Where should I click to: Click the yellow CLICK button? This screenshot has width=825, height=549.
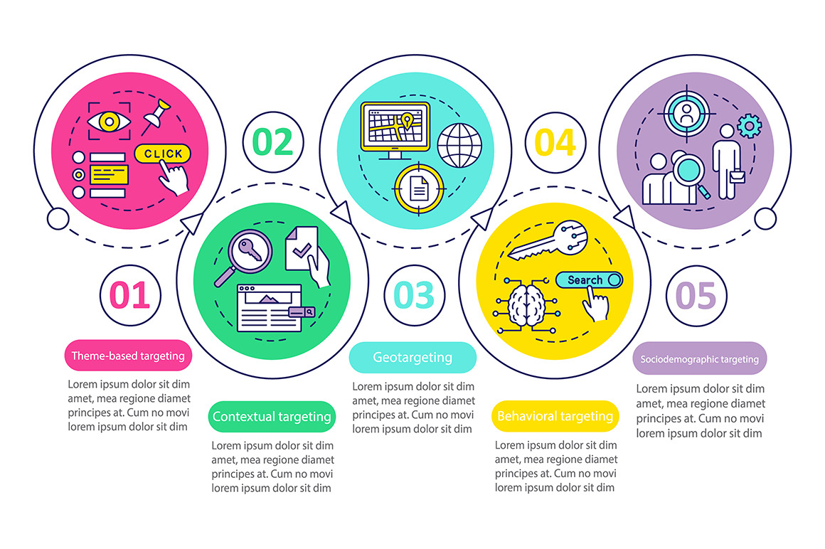point(163,154)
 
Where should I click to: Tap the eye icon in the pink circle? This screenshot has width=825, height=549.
point(109,122)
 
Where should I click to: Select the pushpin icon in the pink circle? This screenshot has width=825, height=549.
point(156,114)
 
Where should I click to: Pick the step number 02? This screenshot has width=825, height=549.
point(273,142)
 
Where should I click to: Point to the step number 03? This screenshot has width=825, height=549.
point(414,295)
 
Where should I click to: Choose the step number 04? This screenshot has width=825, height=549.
point(555,142)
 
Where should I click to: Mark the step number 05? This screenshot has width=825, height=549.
point(696,295)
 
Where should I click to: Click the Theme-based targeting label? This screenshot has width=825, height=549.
point(128,356)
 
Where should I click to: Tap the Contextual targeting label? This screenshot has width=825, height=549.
point(272,417)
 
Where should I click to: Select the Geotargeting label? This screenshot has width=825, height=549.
point(412,358)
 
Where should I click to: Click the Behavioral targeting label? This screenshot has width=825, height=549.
point(555,416)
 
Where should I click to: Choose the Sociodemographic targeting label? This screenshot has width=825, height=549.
point(700,359)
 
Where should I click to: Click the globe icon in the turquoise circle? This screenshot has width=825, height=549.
point(459,146)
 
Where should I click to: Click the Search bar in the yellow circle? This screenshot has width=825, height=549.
point(589,280)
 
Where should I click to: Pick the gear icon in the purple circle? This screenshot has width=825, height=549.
point(749,127)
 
